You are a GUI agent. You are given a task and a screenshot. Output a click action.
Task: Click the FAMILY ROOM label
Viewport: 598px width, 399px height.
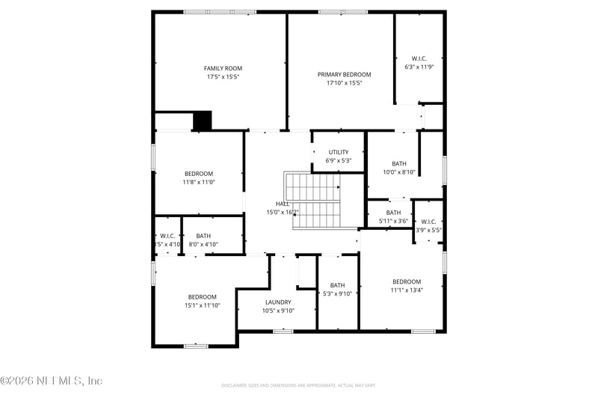point(224,68)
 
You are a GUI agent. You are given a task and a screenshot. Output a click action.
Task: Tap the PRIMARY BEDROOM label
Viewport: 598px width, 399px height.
point(344,74)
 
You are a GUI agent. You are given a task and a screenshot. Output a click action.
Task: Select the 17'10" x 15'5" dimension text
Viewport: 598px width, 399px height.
point(344,83)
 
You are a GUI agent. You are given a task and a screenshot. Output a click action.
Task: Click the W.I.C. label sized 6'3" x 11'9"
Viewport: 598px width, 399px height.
point(419,58)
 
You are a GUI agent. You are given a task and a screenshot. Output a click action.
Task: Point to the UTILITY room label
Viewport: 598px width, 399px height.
point(338,152)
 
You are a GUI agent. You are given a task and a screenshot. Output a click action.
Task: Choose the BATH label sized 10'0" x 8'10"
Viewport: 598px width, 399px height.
point(399,164)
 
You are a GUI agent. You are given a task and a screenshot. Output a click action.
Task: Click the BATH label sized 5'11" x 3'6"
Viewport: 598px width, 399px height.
point(393,213)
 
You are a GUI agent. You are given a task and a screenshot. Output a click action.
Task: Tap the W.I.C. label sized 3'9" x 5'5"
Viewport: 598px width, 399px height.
point(428,222)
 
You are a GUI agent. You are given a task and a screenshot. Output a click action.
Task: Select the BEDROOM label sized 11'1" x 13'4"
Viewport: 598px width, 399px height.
point(407,281)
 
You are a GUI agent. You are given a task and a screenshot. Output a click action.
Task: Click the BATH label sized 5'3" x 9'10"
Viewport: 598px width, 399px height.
point(337,284)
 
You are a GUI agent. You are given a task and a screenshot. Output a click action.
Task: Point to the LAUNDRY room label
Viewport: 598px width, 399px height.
point(278,302)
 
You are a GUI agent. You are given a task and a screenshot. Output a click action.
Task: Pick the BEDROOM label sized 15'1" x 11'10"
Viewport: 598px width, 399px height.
point(202,296)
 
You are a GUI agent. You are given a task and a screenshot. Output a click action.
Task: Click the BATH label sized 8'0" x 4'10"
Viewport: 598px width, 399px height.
point(203,236)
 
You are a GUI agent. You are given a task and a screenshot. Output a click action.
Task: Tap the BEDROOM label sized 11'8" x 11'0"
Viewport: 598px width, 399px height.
point(199,174)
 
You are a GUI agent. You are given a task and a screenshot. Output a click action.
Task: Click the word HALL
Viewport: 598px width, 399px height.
point(283,204)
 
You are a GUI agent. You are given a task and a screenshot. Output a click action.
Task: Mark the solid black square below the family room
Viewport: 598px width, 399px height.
point(203,121)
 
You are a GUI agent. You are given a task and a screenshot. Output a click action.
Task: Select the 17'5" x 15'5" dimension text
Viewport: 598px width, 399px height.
point(224,77)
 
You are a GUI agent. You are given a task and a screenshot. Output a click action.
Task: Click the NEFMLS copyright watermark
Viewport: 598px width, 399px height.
point(52,381)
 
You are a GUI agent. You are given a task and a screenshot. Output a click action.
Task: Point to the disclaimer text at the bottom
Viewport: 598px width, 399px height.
point(298,385)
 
